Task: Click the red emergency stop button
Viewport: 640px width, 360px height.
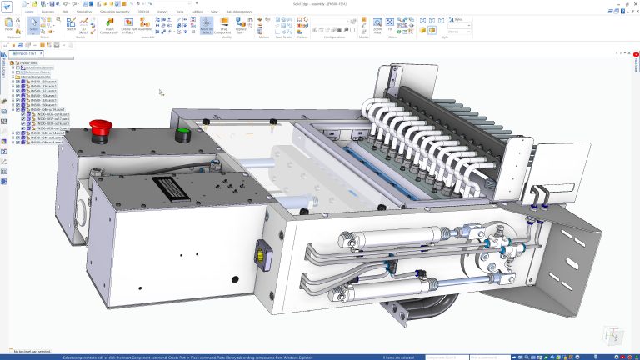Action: point(101,127)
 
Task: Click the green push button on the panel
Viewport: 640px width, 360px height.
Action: point(182,132)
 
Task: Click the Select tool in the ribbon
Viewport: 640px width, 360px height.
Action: point(34,25)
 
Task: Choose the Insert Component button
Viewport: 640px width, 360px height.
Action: point(109,26)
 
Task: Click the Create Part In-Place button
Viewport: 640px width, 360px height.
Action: point(128,26)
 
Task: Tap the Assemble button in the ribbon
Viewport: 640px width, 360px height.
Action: point(145,26)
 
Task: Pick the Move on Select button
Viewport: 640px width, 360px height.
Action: point(207,26)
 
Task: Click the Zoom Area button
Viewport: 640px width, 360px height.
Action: point(377,25)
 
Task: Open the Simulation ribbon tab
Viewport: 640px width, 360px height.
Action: point(84,12)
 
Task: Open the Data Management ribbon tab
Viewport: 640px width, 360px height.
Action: point(239,12)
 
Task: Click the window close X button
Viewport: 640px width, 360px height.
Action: point(634,3)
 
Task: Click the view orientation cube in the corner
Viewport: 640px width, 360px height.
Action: point(612,335)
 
